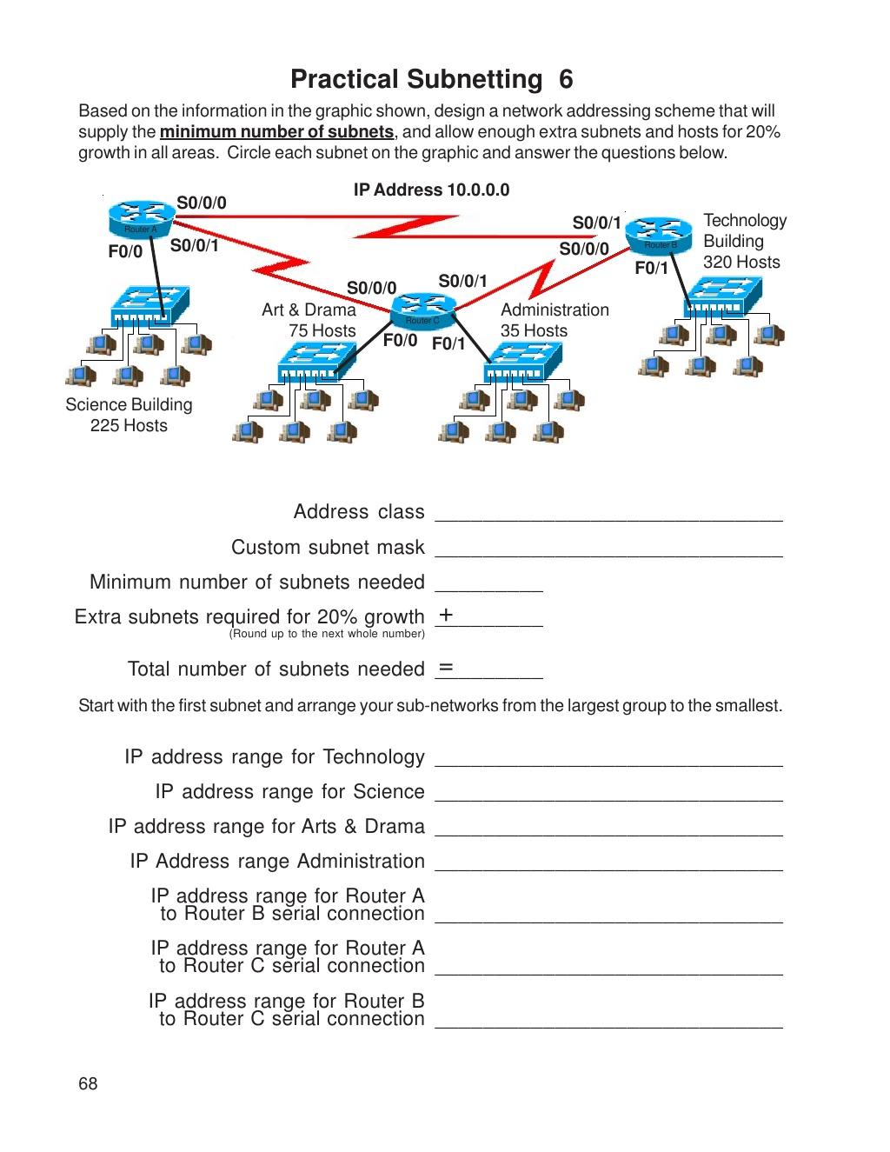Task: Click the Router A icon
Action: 139,219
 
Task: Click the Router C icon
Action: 423,310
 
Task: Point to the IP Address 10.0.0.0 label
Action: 431,190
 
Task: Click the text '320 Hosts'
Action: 741,263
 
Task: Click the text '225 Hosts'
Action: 129,425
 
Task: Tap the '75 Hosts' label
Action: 322,330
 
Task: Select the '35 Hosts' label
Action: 534,330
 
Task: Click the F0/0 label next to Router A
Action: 125,252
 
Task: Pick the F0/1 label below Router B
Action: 651,269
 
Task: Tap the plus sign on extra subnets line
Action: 446,616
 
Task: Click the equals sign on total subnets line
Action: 446,668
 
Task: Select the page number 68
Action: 88,1083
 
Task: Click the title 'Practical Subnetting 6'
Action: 431,80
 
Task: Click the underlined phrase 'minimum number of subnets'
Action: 277,132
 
